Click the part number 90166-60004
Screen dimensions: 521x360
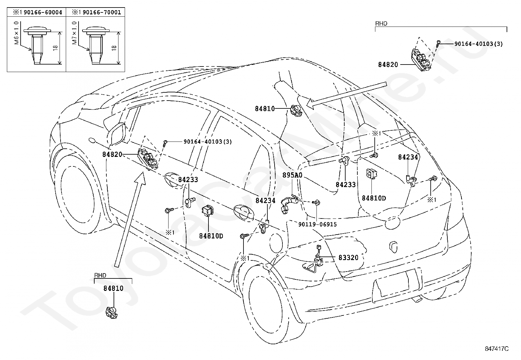pyautogui.click(x=43, y=12)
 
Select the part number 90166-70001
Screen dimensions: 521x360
pyautogui.click(x=102, y=12)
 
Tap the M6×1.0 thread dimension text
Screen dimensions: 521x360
pyautogui.click(x=16, y=33)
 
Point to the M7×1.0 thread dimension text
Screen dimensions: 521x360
pyautogui.click(x=74, y=33)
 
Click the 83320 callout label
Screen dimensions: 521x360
pyautogui.click(x=348, y=257)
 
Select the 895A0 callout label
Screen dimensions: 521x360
pyautogui.click(x=292, y=175)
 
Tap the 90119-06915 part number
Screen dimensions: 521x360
pyautogui.click(x=317, y=224)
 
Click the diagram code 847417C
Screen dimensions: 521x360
pyautogui.click(x=496, y=349)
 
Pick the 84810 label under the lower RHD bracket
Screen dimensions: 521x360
pyautogui.click(x=113, y=288)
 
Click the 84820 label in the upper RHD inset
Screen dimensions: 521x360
pyautogui.click(x=388, y=65)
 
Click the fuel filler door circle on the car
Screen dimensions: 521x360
pyautogui.click(x=276, y=242)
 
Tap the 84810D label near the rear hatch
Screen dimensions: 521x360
pyautogui.click(x=374, y=198)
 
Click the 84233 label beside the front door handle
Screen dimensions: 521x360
pyautogui.click(x=188, y=180)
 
